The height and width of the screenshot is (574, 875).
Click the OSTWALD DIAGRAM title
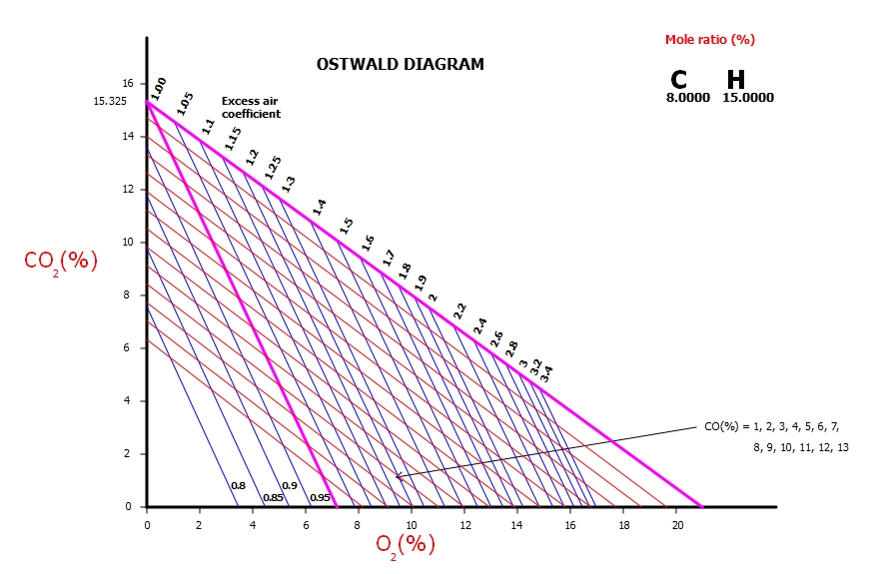point(400,64)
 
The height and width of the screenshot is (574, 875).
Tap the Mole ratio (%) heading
point(710,40)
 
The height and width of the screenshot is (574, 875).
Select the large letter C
point(679,80)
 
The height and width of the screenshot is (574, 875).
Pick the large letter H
point(736,80)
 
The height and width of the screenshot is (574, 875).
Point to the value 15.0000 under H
point(748,98)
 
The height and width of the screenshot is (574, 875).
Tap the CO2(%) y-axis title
point(61,262)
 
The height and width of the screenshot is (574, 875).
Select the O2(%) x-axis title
point(406,544)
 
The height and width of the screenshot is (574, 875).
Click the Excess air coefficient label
point(251,108)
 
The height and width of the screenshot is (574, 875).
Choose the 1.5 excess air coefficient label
point(346,226)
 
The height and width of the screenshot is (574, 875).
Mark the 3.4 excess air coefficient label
point(546,373)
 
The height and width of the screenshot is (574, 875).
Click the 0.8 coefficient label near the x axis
point(238,485)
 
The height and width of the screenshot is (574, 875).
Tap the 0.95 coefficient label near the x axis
point(320,497)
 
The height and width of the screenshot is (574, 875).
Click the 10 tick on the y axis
point(127,242)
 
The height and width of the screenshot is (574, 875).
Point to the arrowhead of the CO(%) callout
point(398,477)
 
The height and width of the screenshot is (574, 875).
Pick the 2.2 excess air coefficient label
point(459,310)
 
